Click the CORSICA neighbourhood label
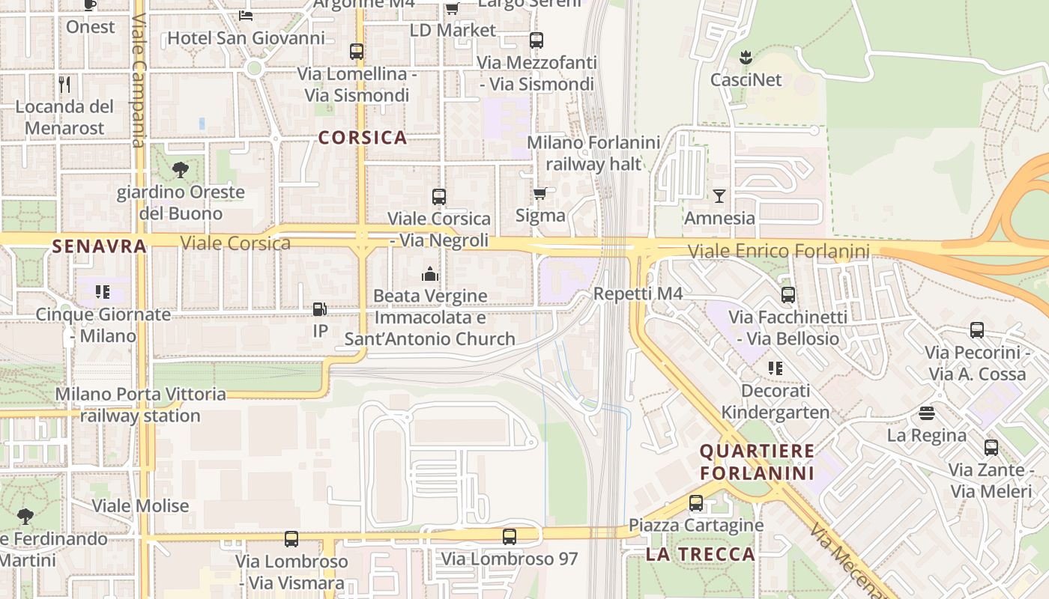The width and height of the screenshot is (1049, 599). click(363, 138)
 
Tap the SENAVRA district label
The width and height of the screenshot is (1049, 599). click(100, 246)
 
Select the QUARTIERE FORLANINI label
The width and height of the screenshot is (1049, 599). click(757, 462)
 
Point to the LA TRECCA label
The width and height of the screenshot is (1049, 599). click(700, 554)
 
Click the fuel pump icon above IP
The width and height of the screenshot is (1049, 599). click(320, 308)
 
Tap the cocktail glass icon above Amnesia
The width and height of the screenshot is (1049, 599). click(719, 196)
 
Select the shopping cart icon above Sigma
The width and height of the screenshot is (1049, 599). click(539, 194)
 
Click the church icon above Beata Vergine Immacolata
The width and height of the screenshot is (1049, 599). click(429, 274)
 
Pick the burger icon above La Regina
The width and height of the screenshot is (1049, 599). click(927, 413)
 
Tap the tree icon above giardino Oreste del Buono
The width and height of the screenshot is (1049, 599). click(181, 170)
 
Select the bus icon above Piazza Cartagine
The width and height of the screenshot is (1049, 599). click(696, 503)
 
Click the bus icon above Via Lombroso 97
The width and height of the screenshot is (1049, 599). click(510, 537)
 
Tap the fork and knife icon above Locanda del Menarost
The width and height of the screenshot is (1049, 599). click(64, 84)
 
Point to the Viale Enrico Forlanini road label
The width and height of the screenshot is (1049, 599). click(779, 252)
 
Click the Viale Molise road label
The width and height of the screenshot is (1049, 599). click(140, 506)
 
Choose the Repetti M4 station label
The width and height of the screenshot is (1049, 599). click(638, 294)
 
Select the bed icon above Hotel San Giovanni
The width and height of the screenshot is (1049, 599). click(246, 15)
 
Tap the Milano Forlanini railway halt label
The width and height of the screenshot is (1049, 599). click(594, 153)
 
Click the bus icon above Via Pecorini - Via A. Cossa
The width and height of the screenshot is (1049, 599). click(976, 330)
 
